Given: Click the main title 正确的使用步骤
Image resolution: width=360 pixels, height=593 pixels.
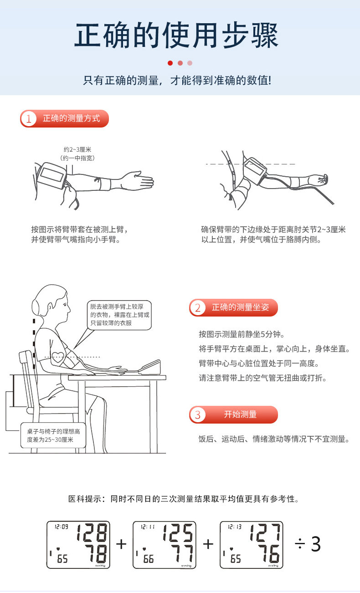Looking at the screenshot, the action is pos(176,35).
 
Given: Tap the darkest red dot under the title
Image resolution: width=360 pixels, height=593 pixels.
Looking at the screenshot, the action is pos(170,63).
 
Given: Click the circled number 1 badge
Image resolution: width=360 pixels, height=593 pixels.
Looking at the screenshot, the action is pos(28,118).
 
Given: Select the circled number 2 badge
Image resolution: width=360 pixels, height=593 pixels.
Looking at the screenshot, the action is pos(198,307).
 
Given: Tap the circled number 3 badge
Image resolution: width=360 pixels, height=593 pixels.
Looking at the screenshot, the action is pos(198,414).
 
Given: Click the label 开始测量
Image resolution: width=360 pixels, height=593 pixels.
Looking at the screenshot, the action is pos(240,414).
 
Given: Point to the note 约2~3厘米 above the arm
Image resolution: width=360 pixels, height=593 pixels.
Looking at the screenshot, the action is pos(77,149).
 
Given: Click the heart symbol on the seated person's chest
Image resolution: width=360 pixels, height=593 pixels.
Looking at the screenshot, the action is pos(58,357).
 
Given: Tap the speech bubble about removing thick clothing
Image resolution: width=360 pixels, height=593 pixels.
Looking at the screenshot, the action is pos(119,315).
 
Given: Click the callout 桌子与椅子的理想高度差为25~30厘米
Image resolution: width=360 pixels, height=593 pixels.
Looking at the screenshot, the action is pos(53,435).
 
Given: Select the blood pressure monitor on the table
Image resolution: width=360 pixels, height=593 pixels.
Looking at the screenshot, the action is pos(149,367).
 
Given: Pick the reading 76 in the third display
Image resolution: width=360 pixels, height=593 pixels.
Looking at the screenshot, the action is pos(268,553).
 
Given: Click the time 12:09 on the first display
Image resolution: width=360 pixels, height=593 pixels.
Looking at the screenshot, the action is pos(61,527).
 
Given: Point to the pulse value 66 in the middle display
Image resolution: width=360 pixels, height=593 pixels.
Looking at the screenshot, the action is pos(149,559).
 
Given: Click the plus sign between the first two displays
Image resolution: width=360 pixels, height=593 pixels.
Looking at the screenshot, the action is pos(121,544).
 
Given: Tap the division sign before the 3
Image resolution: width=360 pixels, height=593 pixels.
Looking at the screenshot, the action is pos(300,544).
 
